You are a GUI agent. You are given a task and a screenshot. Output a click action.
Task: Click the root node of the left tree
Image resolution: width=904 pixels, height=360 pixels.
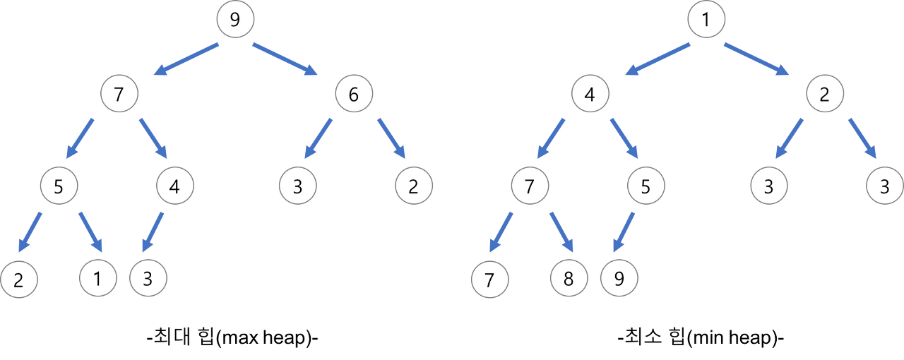pyautogui.click(x=235, y=19)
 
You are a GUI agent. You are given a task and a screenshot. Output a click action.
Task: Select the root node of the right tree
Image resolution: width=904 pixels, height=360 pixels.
pyautogui.click(x=706, y=19)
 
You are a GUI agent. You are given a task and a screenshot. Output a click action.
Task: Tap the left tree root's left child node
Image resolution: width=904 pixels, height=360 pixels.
pyautogui.click(x=119, y=93)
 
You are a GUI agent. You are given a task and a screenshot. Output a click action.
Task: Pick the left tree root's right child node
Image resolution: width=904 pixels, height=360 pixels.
pyautogui.click(x=354, y=93)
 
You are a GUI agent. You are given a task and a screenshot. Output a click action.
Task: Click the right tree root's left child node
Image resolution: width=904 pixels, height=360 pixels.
pyautogui.click(x=590, y=93)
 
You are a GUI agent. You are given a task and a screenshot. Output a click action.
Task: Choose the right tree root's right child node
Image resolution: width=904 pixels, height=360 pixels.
pyautogui.click(x=825, y=93)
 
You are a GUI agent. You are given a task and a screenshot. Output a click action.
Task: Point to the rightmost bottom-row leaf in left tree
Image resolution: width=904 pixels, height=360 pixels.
pyautogui.click(x=148, y=278)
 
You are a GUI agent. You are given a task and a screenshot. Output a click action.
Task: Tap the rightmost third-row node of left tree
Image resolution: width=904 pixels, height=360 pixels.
pyautogui.click(x=414, y=186)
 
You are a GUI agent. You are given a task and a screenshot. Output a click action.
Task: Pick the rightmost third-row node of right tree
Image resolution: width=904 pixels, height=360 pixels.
pyautogui.click(x=884, y=186)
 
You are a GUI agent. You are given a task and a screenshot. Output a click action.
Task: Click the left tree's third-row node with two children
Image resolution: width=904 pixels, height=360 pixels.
pyautogui.click(x=59, y=186)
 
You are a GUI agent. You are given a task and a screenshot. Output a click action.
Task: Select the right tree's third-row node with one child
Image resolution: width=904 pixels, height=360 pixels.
pyautogui.click(x=646, y=186)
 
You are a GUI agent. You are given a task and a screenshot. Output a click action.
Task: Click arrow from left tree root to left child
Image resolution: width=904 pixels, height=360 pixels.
pyautogui.click(x=187, y=59)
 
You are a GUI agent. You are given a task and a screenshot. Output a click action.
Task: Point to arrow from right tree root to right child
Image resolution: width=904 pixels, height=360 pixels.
pyautogui.click(x=756, y=59)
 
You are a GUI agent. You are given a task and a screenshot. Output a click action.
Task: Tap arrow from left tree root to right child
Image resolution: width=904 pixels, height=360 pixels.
pyautogui.click(x=285, y=59)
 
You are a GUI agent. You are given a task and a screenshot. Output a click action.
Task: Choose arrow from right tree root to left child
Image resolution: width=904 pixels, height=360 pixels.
pyautogui.click(x=658, y=59)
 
